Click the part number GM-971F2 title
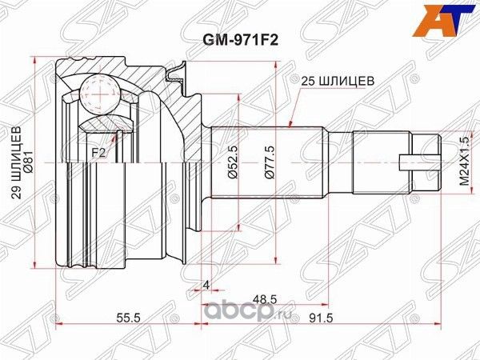click(238, 34)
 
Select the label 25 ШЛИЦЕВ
click(337, 80)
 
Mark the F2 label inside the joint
click(98, 150)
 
